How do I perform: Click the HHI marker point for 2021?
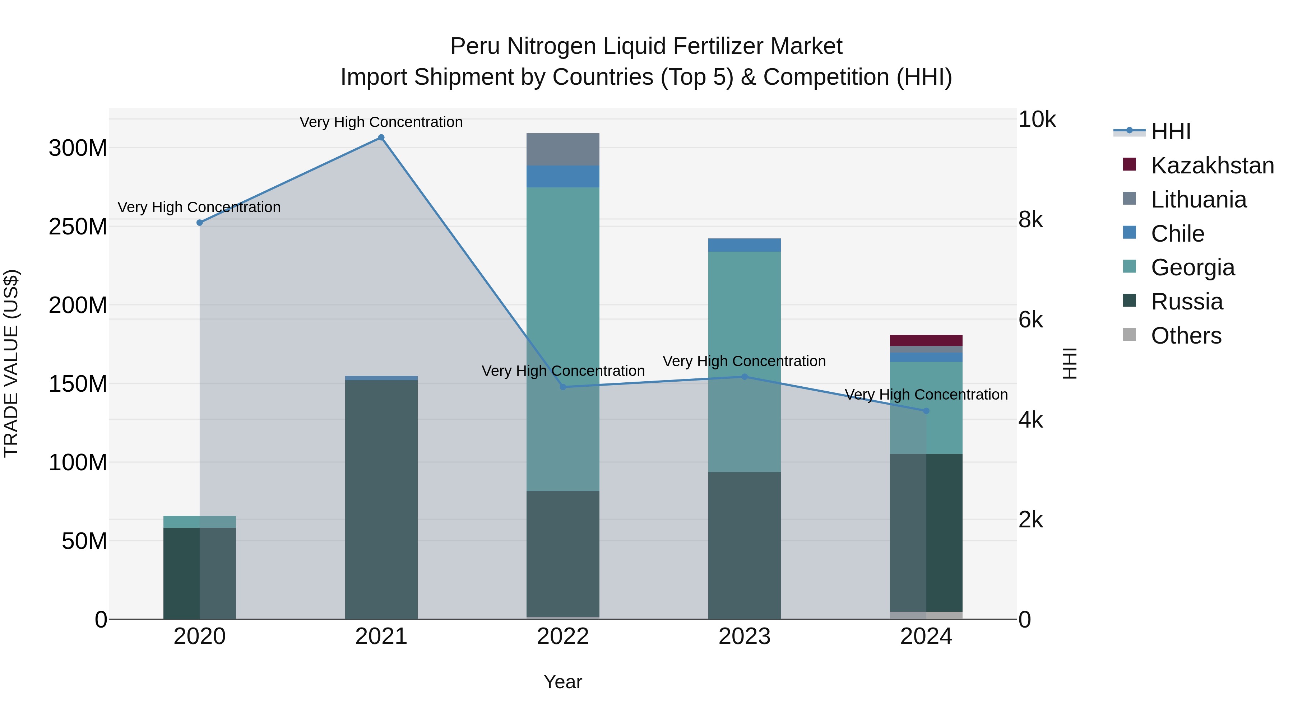tap(381, 138)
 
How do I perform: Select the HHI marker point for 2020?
tap(200, 223)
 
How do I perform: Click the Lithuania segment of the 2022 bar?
tap(563, 149)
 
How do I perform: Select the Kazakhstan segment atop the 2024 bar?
tap(926, 340)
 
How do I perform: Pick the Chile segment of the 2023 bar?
tap(745, 245)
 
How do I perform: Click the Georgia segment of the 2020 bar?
tap(200, 521)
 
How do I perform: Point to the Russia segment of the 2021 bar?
tap(381, 499)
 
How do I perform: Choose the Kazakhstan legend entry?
tap(1212, 166)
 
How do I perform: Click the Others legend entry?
tap(1186, 336)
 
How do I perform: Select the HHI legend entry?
tap(1171, 131)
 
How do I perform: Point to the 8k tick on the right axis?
tap(1030, 220)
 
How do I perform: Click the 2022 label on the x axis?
tap(563, 637)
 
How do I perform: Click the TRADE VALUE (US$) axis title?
tap(11, 363)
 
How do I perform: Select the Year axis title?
tap(563, 682)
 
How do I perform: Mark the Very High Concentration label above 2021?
tap(381, 122)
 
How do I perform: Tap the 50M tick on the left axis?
tap(84, 541)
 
